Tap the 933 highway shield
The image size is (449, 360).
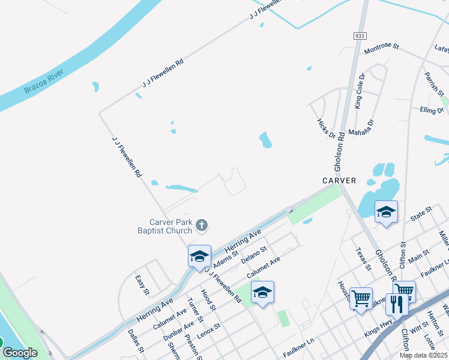[360, 36]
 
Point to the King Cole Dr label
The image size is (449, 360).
[360, 92]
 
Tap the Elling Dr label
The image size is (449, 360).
[432, 111]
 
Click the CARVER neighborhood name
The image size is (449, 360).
[339, 181]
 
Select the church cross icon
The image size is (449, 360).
[202, 226]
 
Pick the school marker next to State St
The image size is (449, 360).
[386, 212]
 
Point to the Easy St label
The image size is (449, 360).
[142, 285]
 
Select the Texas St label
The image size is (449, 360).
[360, 259]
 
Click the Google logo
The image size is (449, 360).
[19, 353]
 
